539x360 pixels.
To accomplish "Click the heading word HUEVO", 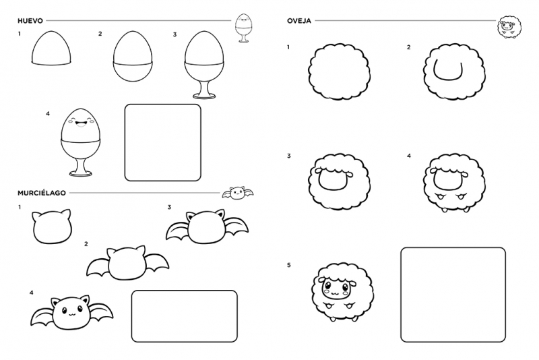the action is (x=30, y=21).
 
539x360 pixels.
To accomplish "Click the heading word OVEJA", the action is (x=299, y=21).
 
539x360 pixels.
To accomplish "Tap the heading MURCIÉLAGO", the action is (x=42, y=193).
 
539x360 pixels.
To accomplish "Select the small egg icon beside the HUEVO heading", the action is (x=244, y=28).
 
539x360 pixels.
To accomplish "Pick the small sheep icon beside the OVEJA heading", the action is (x=509, y=27).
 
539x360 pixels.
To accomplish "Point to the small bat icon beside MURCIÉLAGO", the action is (x=238, y=193).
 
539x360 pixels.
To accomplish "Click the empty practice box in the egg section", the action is (x=162, y=143).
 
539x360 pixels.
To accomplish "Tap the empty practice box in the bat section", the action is (x=184, y=316).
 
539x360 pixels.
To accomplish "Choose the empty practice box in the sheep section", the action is (x=453, y=295).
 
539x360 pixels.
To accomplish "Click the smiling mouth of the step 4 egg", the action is (x=81, y=123).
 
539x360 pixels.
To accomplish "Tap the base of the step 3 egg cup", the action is (x=205, y=96).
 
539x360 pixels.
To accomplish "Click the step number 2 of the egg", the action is (x=100, y=34).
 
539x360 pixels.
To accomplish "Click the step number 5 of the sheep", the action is (x=289, y=265).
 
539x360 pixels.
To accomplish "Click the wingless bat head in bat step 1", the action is (x=53, y=227).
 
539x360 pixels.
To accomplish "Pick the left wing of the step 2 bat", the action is (x=98, y=267).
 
